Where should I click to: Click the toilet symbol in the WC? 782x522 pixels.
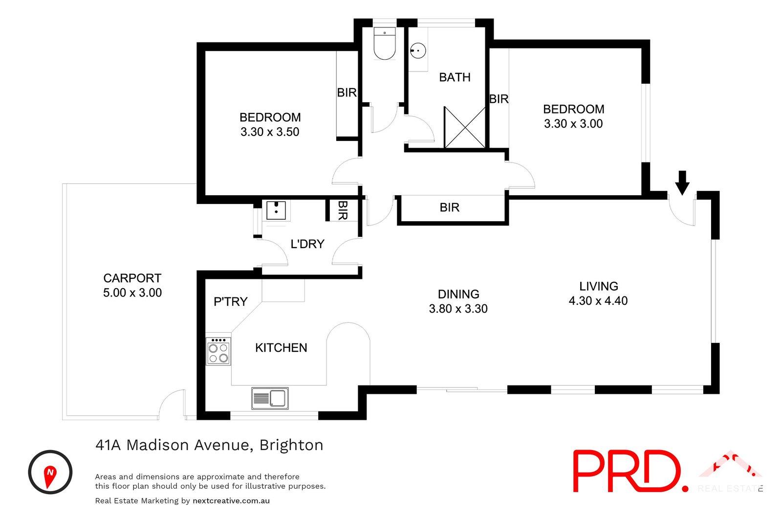click(384, 45)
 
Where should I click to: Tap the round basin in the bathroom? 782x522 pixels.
click(417, 50)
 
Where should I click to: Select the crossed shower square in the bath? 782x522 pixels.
click(464, 127)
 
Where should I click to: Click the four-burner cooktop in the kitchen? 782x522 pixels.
click(218, 351)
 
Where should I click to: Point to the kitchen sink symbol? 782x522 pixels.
click(270, 398)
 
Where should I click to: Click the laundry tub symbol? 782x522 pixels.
click(276, 210)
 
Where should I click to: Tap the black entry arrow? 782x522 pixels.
click(682, 183)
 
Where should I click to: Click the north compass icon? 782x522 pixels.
click(50, 472)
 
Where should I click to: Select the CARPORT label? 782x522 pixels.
click(132, 278)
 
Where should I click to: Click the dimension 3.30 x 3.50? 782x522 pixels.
click(270, 132)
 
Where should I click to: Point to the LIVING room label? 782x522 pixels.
click(599, 286)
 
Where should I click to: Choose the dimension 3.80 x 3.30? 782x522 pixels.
click(458, 309)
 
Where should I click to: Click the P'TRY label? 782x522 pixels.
click(230, 302)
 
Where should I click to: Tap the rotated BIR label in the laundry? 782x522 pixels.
click(343, 210)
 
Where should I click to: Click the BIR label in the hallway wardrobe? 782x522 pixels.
click(449, 207)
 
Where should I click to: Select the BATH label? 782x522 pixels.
click(455, 77)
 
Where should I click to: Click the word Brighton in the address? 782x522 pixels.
click(291, 445)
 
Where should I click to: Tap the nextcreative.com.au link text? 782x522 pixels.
click(231, 500)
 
